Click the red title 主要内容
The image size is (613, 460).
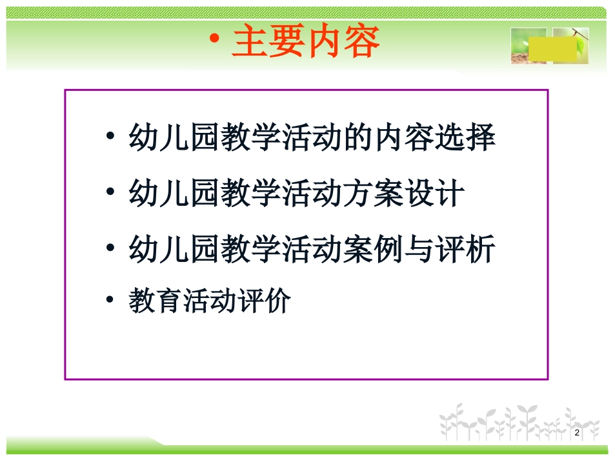pos(306,43)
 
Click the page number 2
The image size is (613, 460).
pos(576,432)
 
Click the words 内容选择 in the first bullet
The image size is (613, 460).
pos(436,139)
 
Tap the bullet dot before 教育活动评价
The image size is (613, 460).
pos(111,301)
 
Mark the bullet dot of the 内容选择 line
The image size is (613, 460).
pos(111,139)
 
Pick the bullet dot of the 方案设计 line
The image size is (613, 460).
pos(111,194)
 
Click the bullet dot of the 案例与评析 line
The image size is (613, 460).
pos(111,249)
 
